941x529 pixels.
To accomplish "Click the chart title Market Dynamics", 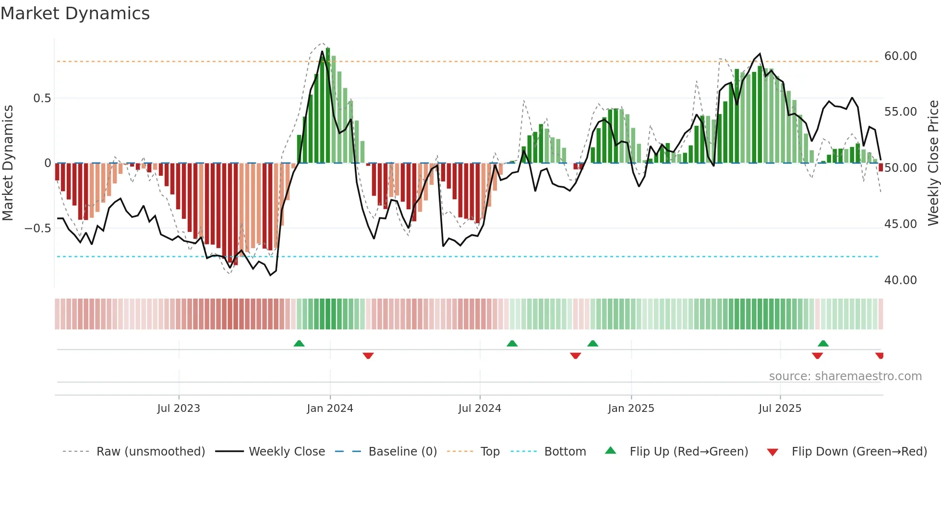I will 75,13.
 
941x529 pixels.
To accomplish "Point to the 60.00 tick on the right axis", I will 900,56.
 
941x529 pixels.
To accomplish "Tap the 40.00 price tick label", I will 900,280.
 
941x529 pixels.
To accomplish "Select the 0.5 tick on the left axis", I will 42,98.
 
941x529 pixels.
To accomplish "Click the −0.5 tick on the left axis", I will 38,228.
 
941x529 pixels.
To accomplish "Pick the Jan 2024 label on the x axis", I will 330,409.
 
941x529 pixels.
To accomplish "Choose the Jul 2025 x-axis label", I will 780,409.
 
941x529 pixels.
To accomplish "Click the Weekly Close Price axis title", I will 933,163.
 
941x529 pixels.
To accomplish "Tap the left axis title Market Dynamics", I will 8,163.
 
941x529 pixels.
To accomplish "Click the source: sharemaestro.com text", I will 845,376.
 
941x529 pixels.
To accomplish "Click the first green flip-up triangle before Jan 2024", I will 299,343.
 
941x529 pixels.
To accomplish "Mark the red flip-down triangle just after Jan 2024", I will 368,356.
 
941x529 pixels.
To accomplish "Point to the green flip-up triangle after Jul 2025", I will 823,343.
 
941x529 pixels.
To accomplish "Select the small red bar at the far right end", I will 881,167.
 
